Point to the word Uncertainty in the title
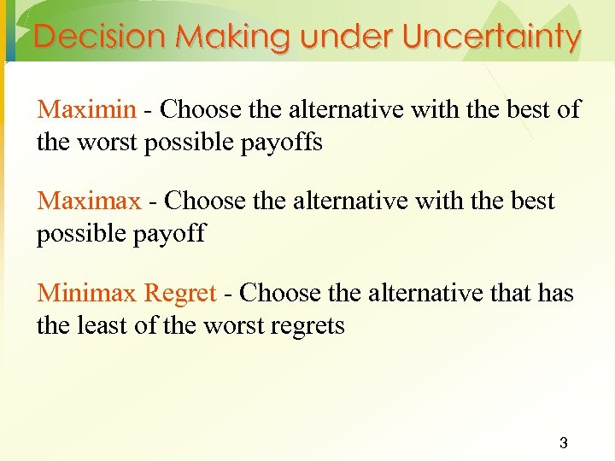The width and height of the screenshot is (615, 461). coord(492,37)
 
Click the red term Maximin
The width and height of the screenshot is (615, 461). coord(86,110)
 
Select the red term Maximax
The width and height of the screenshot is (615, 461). coord(89,201)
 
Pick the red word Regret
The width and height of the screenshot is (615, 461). coord(180,294)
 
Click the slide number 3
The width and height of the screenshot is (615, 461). coord(563,443)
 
